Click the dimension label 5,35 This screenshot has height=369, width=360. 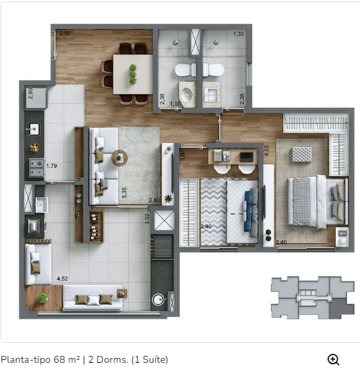(x=124, y=192)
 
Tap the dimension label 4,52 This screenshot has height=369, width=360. (x=62, y=278)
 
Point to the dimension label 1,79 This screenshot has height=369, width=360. (x=51, y=166)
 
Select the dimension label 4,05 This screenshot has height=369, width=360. (x=266, y=150)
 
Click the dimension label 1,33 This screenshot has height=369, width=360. (x=238, y=34)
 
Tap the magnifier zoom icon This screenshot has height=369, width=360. (x=333, y=359)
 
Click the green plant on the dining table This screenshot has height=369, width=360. (x=133, y=74)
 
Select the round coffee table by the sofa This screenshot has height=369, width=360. (x=120, y=158)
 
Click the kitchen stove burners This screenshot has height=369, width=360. (x=36, y=167)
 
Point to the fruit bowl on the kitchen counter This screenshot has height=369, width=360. (x=35, y=147)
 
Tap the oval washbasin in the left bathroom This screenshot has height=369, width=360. (x=188, y=94)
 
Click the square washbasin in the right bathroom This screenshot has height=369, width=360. (x=211, y=95)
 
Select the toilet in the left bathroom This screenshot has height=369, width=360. (x=185, y=70)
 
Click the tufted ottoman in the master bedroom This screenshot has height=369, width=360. (x=302, y=154)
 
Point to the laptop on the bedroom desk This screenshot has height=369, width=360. (x=247, y=157)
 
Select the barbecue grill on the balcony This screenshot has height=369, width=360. (x=162, y=246)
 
